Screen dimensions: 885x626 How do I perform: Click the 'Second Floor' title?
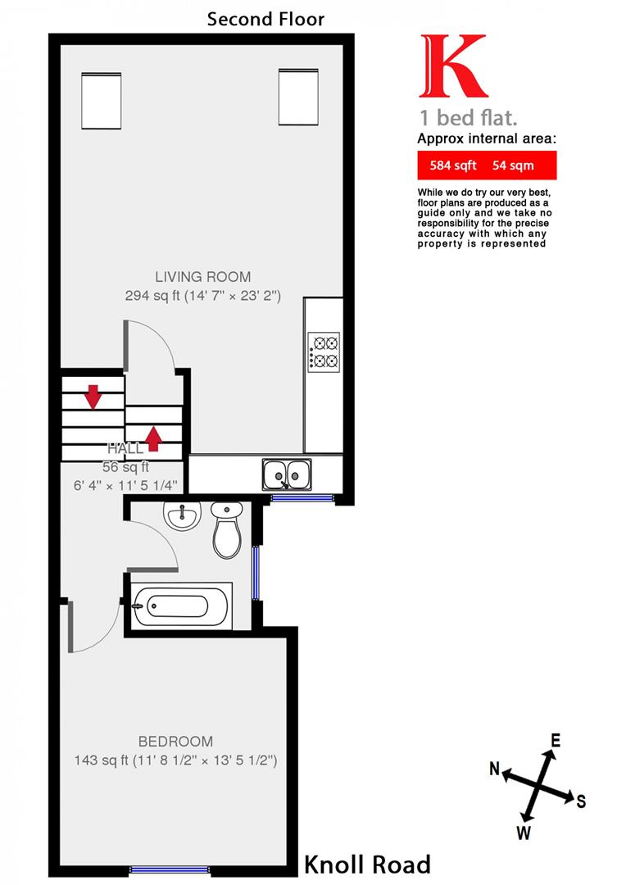(265, 18)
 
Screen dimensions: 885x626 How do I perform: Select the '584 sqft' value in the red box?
(453, 166)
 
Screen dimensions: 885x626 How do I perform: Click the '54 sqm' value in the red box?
(513, 166)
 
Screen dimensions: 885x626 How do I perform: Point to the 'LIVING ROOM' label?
(203, 277)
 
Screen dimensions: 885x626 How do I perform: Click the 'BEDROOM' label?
(175, 742)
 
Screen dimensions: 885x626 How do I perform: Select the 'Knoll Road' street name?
(367, 864)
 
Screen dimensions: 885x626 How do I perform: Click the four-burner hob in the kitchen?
(324, 351)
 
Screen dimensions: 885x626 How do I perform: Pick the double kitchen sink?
(286, 474)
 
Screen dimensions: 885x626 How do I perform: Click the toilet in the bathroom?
(226, 530)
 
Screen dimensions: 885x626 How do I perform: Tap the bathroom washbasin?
(181, 515)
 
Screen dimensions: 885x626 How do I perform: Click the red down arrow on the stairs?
(93, 397)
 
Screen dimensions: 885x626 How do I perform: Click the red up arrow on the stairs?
(153, 438)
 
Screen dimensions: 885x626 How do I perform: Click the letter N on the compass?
(495, 769)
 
